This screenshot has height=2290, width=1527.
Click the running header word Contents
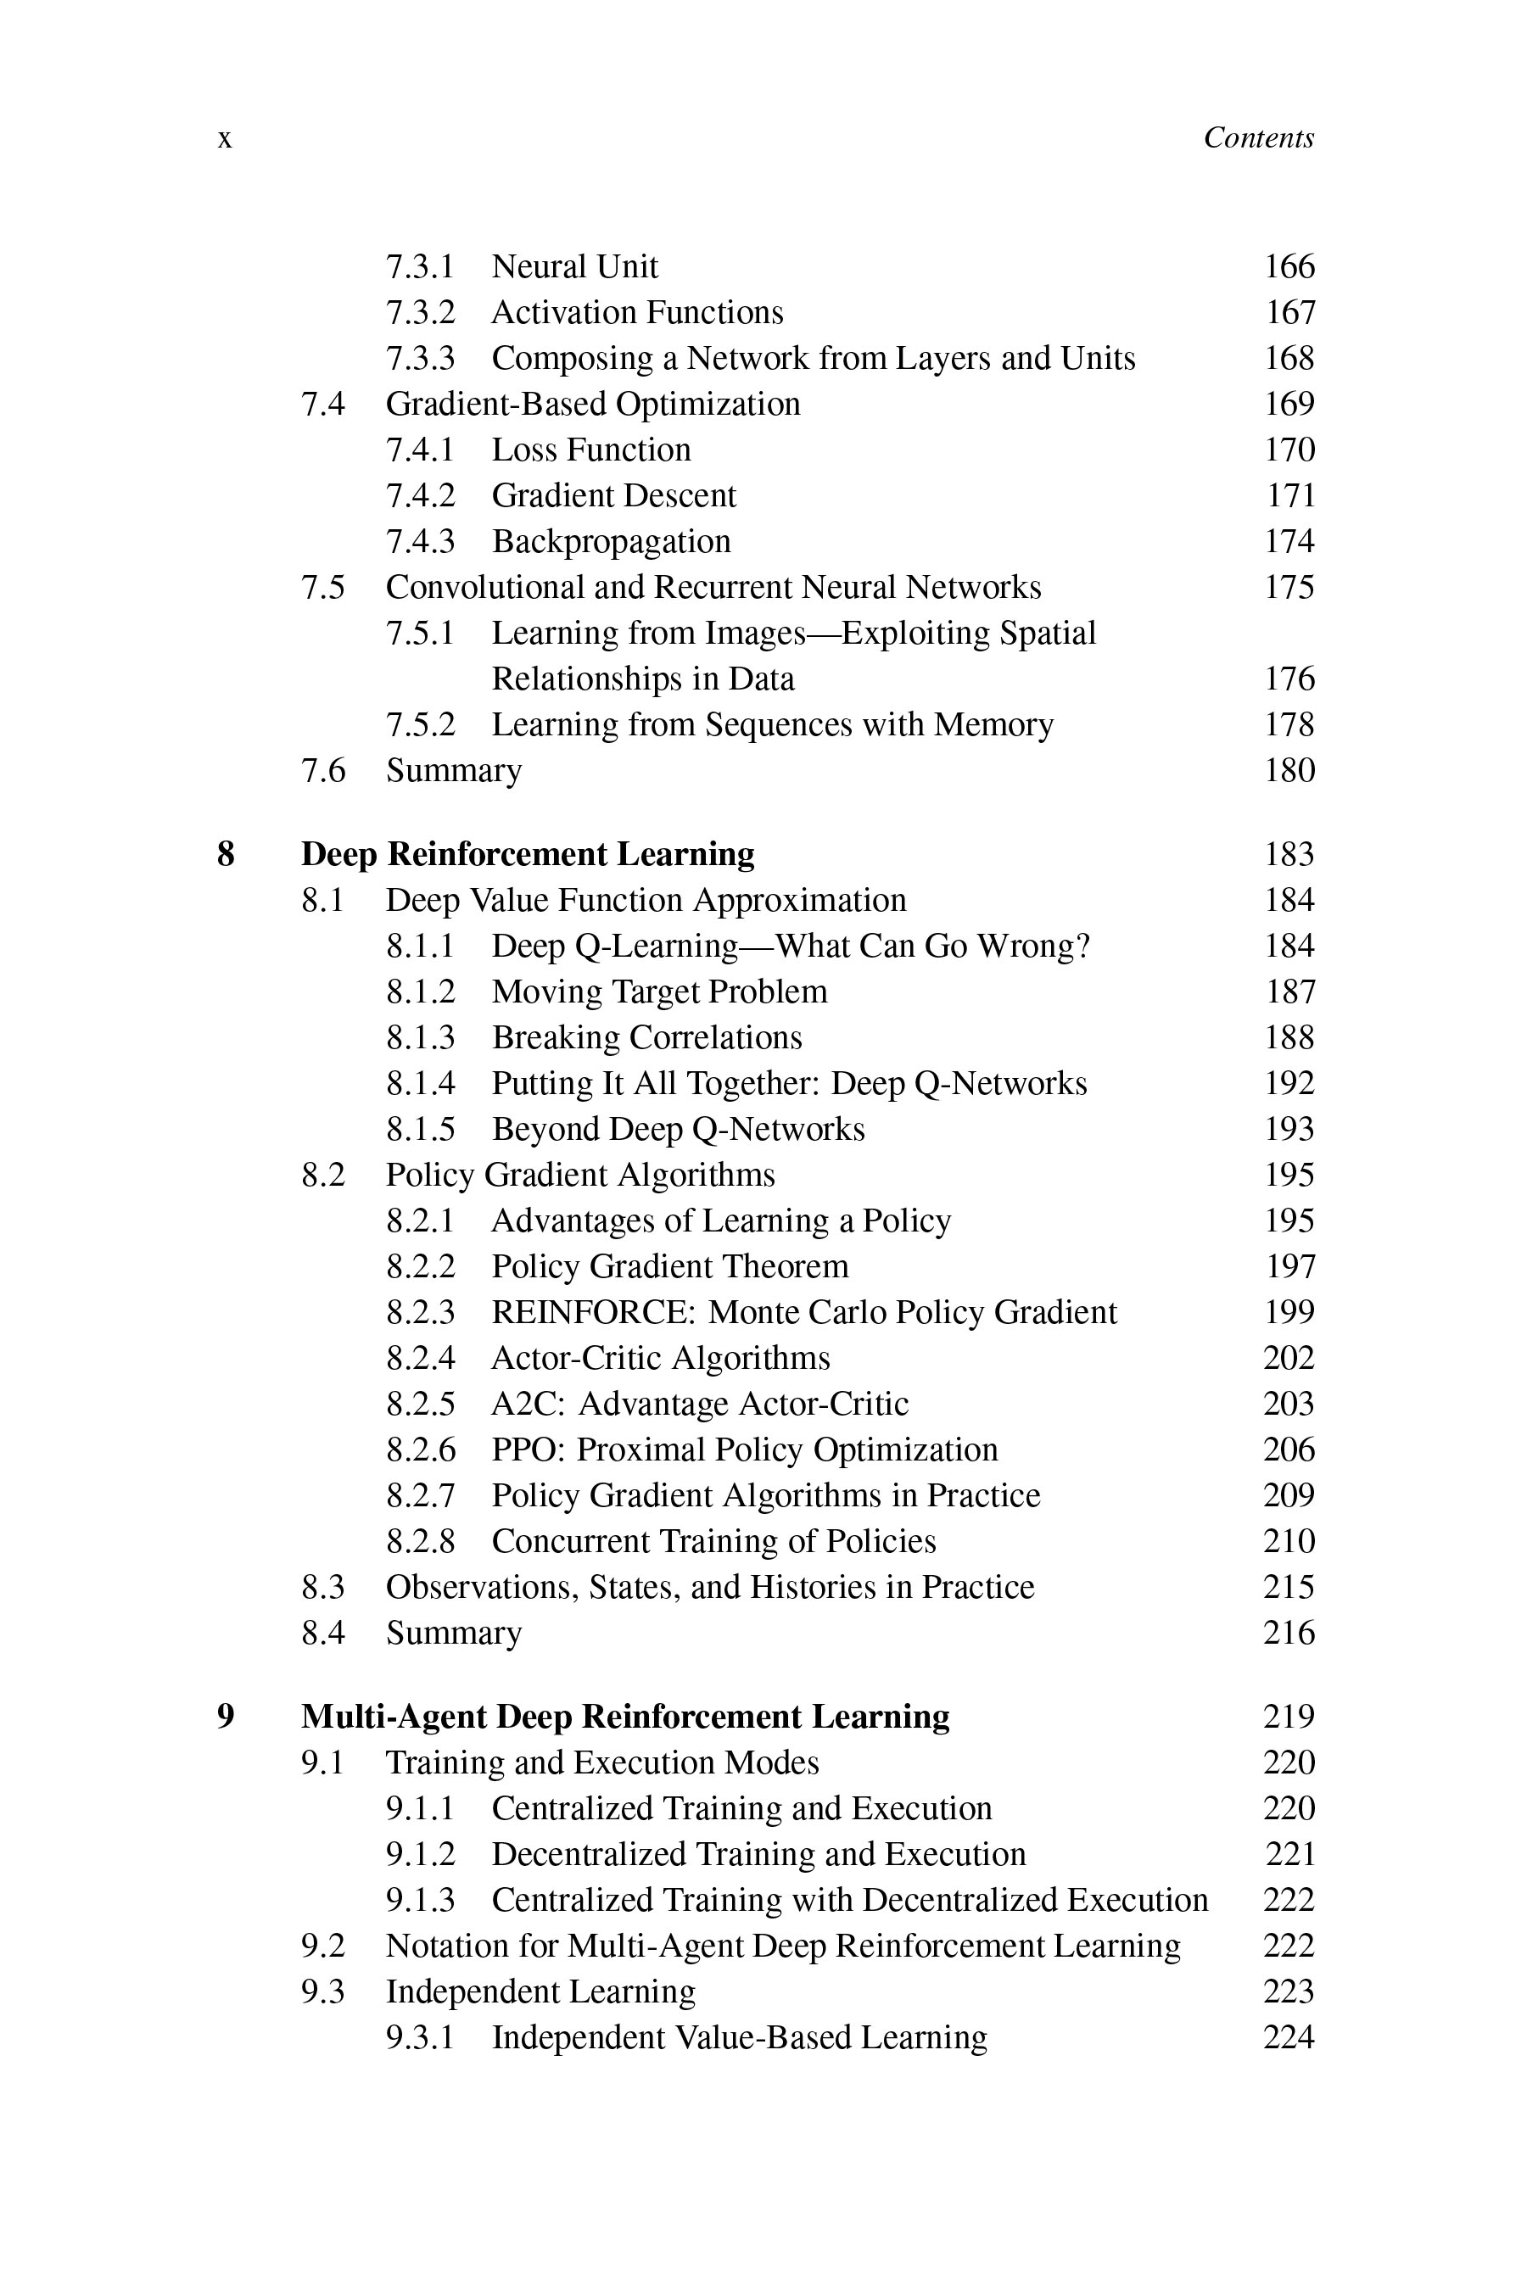[1258, 138]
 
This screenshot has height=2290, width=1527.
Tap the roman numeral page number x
[225, 139]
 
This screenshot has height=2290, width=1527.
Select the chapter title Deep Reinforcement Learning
[527, 854]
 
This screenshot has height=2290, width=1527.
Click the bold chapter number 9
[226, 1716]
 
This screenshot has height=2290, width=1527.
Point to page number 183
[1289, 854]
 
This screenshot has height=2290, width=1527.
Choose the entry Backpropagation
[611, 541]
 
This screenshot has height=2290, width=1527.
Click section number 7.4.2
[420, 495]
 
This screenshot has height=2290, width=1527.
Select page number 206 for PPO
[1289, 1449]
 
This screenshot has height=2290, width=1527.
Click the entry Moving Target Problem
[659, 992]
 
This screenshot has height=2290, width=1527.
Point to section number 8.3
[323, 1587]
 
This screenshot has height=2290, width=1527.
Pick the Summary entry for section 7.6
[454, 770]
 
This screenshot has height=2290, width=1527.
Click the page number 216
[1289, 1633]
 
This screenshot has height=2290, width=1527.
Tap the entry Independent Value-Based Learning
[739, 2038]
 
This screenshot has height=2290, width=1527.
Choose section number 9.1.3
[420, 1900]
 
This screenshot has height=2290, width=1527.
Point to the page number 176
[1289, 679]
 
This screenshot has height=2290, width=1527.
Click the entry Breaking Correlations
[646, 1038]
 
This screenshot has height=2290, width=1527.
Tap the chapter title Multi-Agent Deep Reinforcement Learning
[625, 1716]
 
